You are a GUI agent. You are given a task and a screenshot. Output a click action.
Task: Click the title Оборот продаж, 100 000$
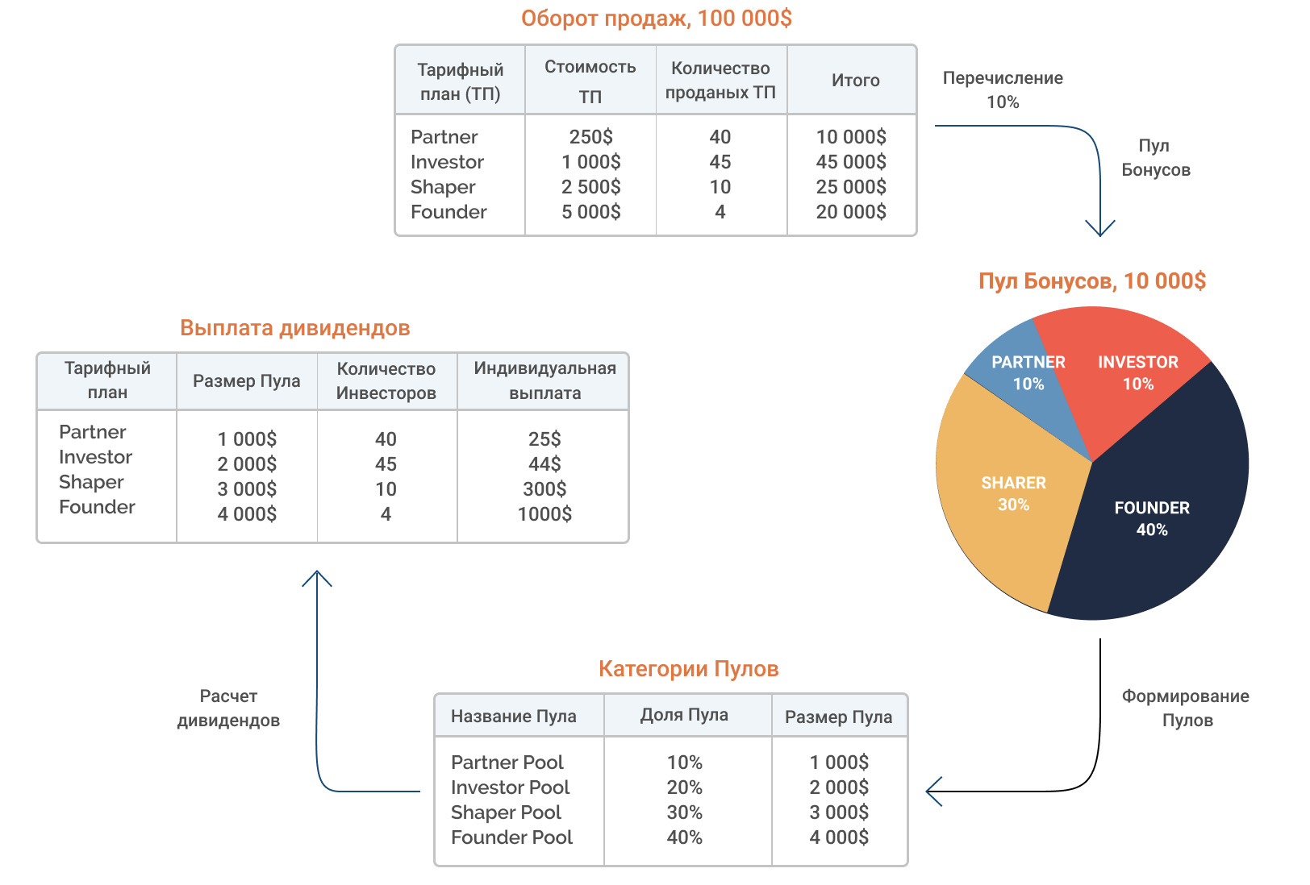[x=656, y=19]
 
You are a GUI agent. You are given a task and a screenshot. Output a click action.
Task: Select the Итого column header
[x=855, y=80]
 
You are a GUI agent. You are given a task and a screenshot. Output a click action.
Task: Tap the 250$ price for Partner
[x=590, y=137]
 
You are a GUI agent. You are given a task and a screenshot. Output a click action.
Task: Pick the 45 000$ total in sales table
[x=851, y=162]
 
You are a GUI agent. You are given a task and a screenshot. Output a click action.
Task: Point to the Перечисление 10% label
[x=1003, y=89]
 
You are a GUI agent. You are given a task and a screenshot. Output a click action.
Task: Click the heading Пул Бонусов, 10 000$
[x=1092, y=281]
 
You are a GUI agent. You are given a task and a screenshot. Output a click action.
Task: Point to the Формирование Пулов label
[x=1186, y=708]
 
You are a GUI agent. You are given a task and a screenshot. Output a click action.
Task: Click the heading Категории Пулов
[x=688, y=669]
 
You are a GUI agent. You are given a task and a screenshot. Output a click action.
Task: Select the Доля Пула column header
[x=684, y=715]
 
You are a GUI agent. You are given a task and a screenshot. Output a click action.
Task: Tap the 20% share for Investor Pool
[x=684, y=787]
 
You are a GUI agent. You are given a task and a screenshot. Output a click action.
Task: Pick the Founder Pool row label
[x=511, y=837]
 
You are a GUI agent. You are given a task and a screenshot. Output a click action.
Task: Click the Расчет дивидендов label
[x=228, y=708]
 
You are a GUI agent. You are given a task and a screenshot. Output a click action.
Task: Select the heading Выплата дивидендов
[x=294, y=328]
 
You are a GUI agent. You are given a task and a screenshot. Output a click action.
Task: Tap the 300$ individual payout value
[x=544, y=488]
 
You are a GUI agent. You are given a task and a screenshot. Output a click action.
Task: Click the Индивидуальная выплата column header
[x=544, y=380]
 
